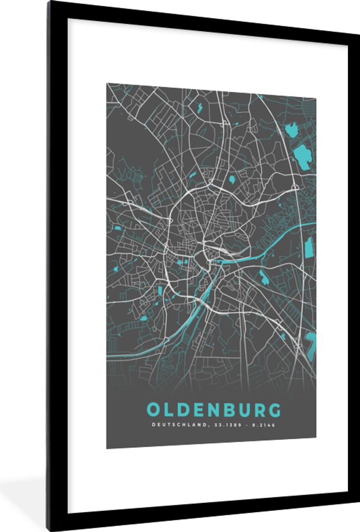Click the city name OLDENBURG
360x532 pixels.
click(214, 410)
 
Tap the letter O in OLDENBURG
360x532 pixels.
click(154, 410)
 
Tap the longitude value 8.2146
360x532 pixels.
click(263, 425)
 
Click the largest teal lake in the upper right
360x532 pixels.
click(302, 154)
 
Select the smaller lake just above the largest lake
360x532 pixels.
click(292, 130)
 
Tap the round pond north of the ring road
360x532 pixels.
click(232, 180)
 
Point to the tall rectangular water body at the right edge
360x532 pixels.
click(309, 248)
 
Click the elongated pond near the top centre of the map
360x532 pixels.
click(198, 108)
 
